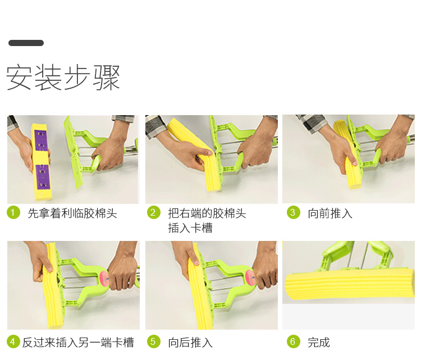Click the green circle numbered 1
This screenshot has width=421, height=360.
(13, 212)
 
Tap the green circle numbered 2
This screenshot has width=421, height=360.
(154, 212)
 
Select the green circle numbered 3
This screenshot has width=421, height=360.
(293, 212)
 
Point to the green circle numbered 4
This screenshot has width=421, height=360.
(13, 341)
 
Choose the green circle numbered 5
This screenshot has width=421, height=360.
(154, 341)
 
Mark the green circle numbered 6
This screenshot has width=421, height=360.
(293, 341)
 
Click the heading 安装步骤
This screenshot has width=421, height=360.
(63, 77)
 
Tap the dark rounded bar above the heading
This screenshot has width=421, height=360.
(26, 43)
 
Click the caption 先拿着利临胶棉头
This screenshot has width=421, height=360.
(72, 213)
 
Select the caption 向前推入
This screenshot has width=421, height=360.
(330, 213)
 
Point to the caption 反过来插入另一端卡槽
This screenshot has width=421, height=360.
(78, 343)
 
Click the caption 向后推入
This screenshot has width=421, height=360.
(190, 343)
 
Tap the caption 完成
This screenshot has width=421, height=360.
(319, 343)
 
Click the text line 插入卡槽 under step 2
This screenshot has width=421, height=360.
(190, 228)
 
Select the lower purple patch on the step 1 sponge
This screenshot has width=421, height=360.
(43, 176)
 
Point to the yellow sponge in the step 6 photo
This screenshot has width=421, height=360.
(350, 285)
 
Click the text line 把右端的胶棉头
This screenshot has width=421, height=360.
(207, 213)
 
